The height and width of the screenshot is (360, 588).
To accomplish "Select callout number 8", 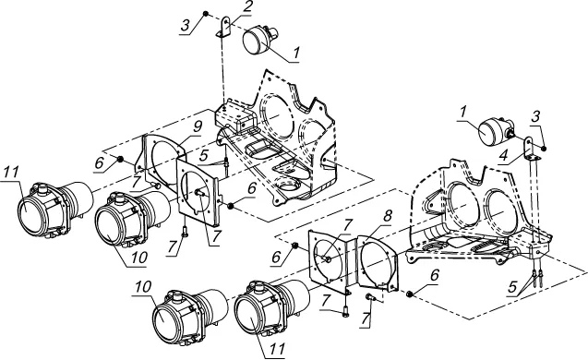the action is click(388, 216).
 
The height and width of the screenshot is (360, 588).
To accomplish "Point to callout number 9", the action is click(198, 127).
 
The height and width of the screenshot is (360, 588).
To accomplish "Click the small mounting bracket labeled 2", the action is click(225, 26).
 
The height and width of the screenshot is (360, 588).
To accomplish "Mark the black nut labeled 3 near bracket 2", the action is click(206, 14).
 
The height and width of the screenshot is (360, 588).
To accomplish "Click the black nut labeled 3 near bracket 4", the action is click(544, 149).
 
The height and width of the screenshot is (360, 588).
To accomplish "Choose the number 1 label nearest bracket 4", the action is click(464, 112).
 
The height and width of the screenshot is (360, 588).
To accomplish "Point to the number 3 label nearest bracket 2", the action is click(186, 26).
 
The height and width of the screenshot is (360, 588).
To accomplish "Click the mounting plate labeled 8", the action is click(378, 262).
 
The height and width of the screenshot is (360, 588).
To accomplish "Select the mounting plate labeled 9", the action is click(162, 162).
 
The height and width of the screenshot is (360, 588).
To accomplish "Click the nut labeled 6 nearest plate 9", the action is click(120, 160).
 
